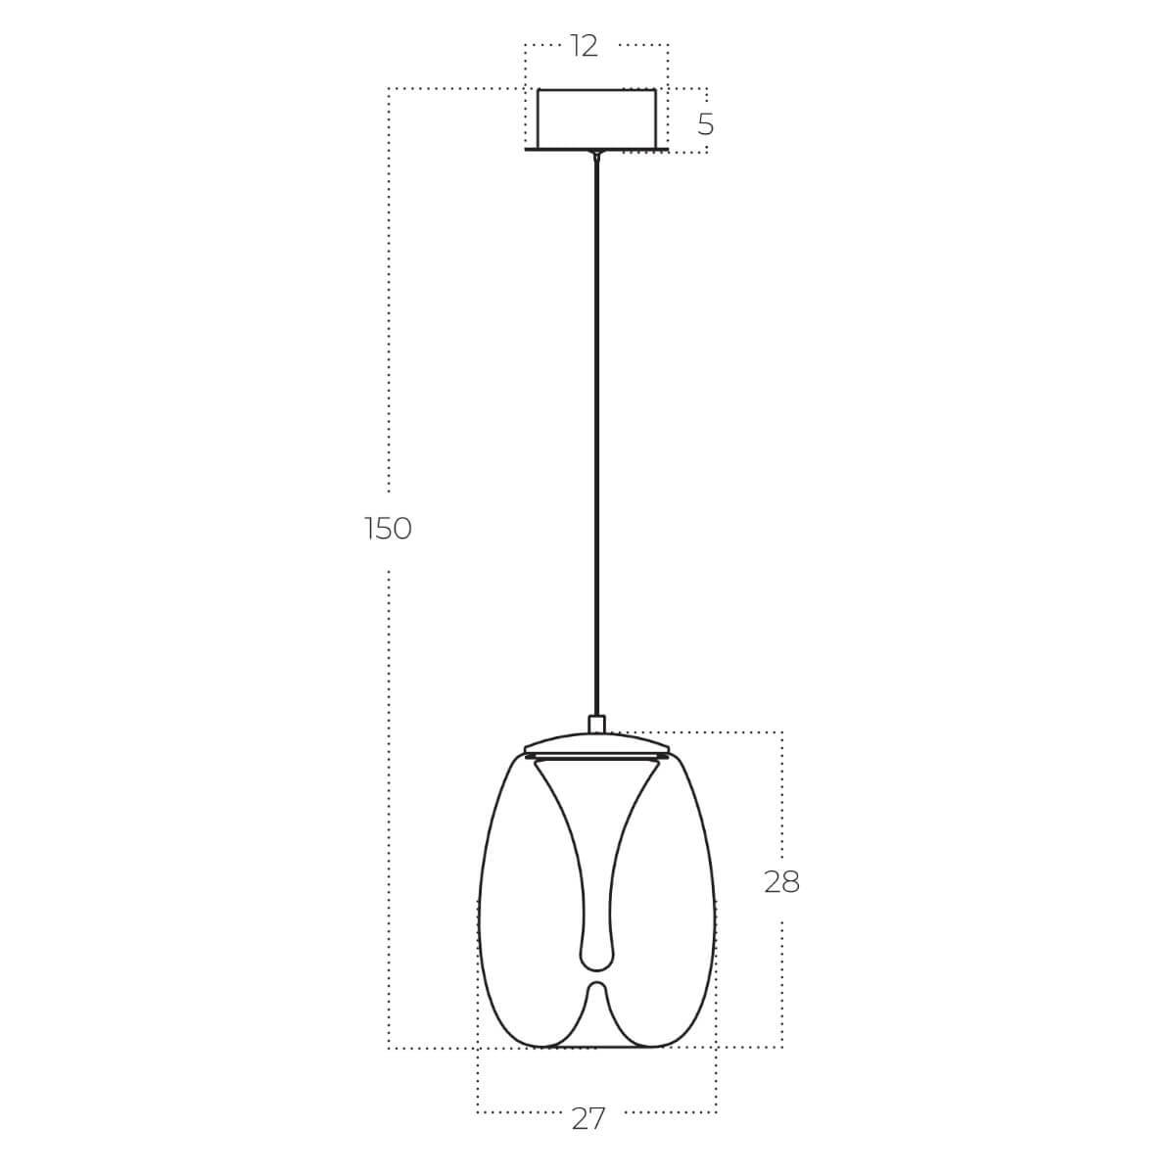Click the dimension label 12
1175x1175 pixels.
coord(584,46)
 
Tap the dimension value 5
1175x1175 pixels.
coord(705,124)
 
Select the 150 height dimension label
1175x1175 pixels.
coord(388,529)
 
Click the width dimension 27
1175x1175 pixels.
coord(588,1118)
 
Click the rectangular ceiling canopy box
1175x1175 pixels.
coord(596,118)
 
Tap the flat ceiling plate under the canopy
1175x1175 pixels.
coord(596,150)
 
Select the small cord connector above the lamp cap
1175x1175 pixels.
coord(596,725)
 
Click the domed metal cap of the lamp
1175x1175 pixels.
coord(596,743)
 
